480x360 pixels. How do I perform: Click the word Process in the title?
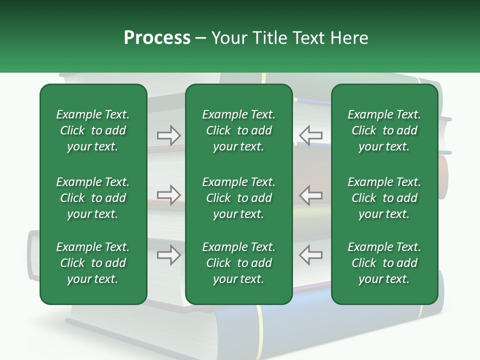pyautogui.click(x=157, y=38)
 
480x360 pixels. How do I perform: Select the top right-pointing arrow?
pyautogui.click(x=169, y=135)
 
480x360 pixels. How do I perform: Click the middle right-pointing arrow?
pyautogui.click(x=169, y=195)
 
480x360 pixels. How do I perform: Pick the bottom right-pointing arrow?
pyautogui.click(x=169, y=254)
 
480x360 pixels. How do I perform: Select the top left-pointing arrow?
pyautogui.click(x=310, y=135)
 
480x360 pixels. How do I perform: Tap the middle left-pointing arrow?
pyautogui.click(x=310, y=195)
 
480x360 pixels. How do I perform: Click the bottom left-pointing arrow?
pyautogui.click(x=310, y=254)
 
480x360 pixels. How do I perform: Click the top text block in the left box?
pyautogui.click(x=93, y=130)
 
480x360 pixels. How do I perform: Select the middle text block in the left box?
pyautogui.click(x=93, y=198)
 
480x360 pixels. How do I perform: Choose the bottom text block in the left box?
pyautogui.click(x=93, y=263)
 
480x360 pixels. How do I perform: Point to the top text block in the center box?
pyautogui.click(x=238, y=130)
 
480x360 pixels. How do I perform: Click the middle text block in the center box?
pyautogui.click(x=238, y=198)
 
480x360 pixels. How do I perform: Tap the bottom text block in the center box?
pyautogui.click(x=238, y=263)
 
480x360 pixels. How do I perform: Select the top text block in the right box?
pyautogui.click(x=384, y=130)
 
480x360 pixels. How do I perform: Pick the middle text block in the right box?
pyautogui.click(x=384, y=198)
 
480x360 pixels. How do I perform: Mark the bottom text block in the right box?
pyautogui.click(x=384, y=263)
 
